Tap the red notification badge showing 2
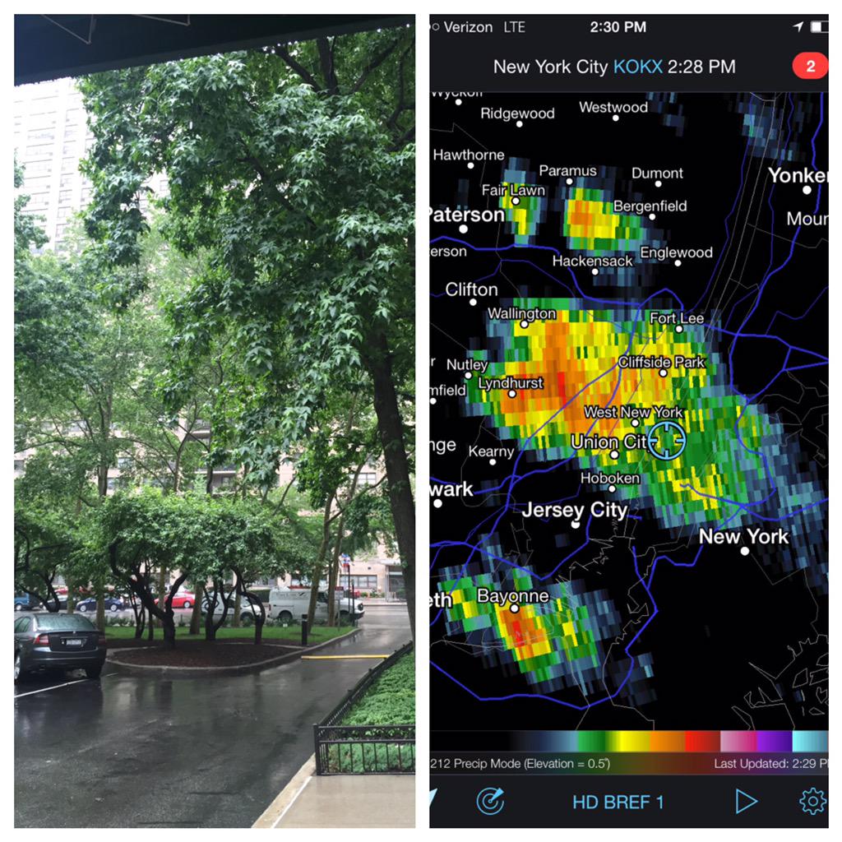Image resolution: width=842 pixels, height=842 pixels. click(809, 67)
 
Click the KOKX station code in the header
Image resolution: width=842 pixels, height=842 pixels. click(637, 67)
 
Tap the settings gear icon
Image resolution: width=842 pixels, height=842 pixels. click(812, 801)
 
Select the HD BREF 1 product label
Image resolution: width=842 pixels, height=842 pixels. click(618, 802)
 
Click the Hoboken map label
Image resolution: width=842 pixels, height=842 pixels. click(609, 478)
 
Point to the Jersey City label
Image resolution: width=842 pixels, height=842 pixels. click(575, 510)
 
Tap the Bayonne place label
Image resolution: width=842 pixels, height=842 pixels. click(512, 596)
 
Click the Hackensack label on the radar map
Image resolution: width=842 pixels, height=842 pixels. click(592, 261)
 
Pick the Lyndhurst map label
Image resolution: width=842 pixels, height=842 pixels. click(510, 383)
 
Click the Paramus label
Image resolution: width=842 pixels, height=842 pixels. click(567, 171)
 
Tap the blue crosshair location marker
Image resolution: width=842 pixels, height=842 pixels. click(666, 441)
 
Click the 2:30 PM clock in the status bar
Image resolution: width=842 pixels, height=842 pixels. click(618, 27)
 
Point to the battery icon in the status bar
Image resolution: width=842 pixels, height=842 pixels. click(818, 27)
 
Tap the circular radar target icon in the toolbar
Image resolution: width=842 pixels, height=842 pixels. click(490, 801)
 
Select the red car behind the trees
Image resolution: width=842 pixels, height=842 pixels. click(180, 599)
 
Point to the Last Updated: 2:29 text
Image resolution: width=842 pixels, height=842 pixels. click(770, 764)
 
